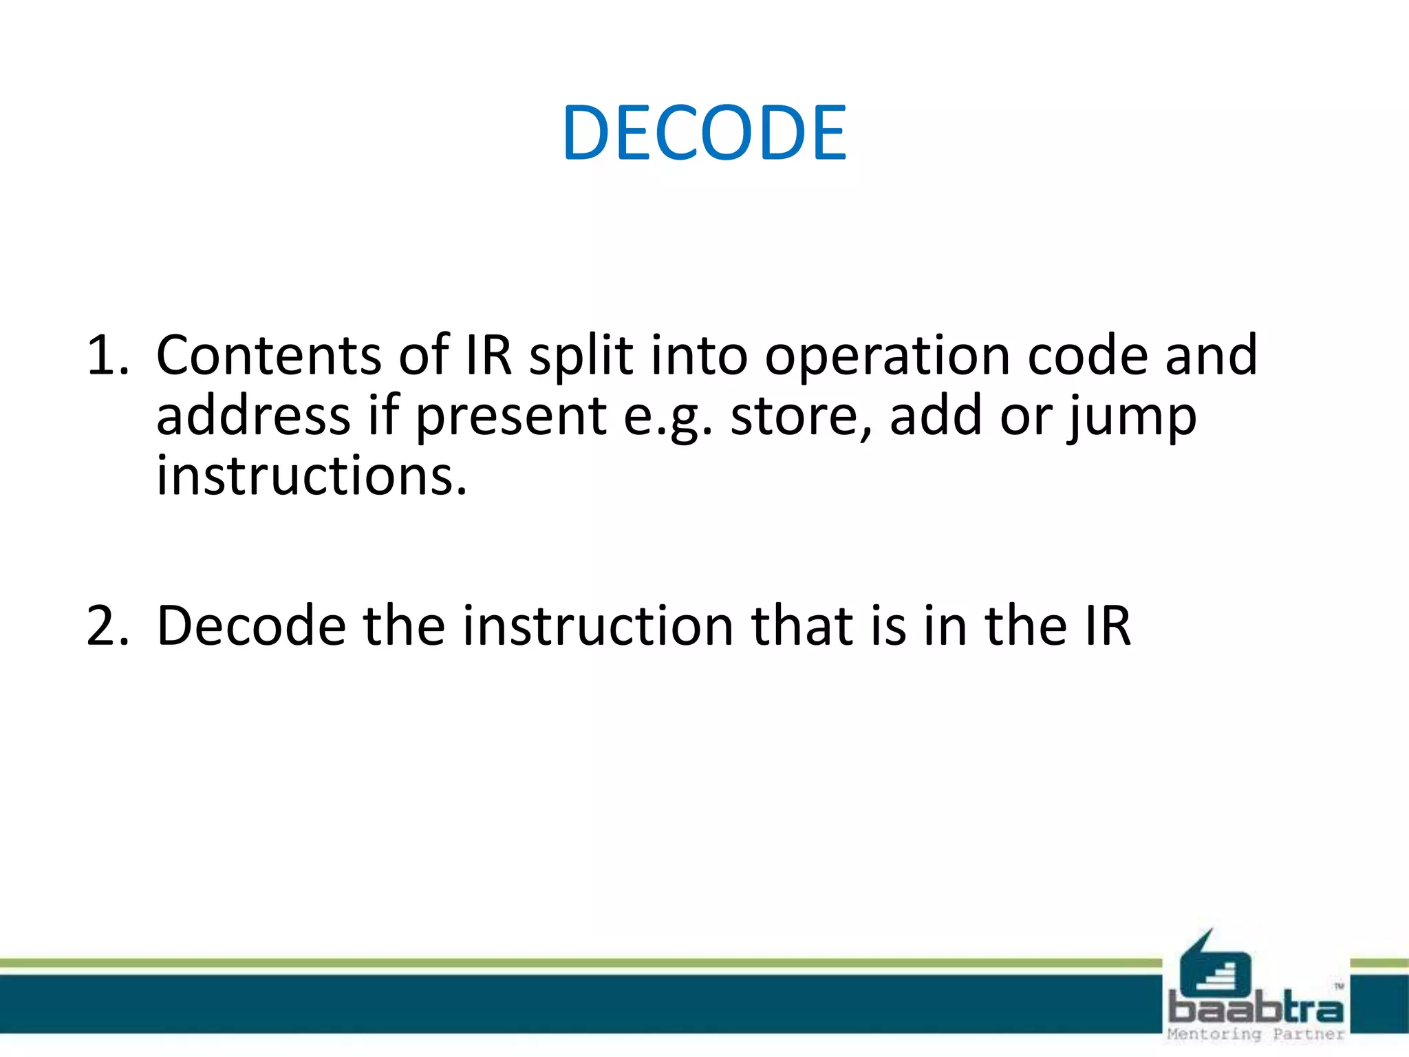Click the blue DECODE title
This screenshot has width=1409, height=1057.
point(704,133)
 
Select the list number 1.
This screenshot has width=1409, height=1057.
point(107,356)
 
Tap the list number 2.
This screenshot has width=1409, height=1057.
point(107,626)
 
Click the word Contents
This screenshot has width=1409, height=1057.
point(268,356)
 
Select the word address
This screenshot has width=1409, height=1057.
point(253,416)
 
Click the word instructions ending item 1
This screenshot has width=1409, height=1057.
point(311,477)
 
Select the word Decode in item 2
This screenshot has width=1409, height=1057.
point(251,626)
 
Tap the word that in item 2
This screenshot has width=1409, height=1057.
point(802,626)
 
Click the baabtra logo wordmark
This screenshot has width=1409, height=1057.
point(1256,1010)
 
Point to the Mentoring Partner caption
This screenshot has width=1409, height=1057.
point(1256,1034)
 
